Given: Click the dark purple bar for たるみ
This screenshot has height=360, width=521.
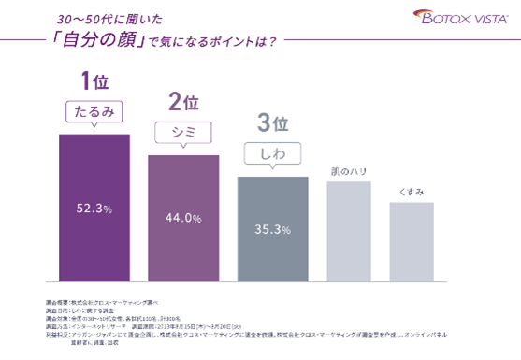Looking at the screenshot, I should tap(94, 207).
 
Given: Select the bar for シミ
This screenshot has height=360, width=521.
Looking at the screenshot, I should tap(182, 217).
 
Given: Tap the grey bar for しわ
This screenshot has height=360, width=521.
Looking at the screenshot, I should tap(272, 228).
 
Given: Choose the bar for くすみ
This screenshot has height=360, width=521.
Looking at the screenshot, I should tap(412, 240).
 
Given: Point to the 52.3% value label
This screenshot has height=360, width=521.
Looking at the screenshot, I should tap(94, 207).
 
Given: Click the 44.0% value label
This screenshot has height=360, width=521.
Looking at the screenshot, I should tap(183, 218).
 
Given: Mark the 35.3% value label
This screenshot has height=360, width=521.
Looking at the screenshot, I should tap(272, 228).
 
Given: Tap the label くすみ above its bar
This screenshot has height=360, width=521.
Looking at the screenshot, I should tap(412, 192).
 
